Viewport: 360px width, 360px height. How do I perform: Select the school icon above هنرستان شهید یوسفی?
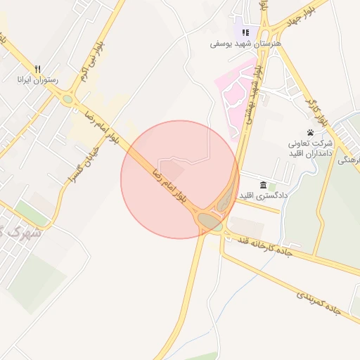pos(245,32)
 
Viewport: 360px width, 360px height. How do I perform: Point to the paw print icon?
pos(310,132)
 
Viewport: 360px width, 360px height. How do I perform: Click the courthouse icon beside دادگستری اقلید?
pos(263,184)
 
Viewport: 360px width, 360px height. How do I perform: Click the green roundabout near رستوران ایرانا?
pos(67,100)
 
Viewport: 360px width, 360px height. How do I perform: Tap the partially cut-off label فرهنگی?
pos(349,160)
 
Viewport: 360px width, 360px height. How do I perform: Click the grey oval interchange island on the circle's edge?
pos(210,221)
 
